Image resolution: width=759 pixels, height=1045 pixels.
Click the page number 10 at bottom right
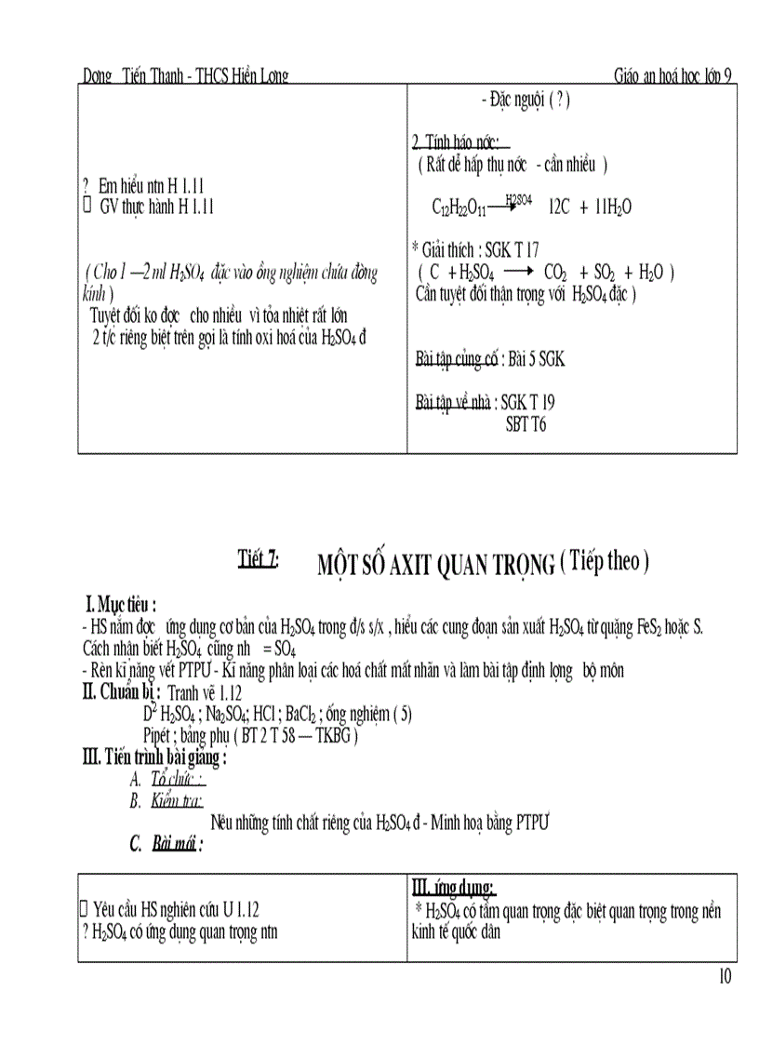point(726,976)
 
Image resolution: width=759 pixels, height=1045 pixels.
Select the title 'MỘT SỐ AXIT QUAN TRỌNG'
point(436,565)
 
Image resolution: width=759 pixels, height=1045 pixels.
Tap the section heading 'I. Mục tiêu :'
point(121,606)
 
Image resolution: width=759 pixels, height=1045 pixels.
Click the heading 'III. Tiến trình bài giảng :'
point(154,757)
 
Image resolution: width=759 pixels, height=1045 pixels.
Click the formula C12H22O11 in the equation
point(459,208)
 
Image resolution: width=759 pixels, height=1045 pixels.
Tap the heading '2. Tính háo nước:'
point(456,142)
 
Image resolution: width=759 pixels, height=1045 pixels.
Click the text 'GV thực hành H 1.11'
point(156,208)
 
